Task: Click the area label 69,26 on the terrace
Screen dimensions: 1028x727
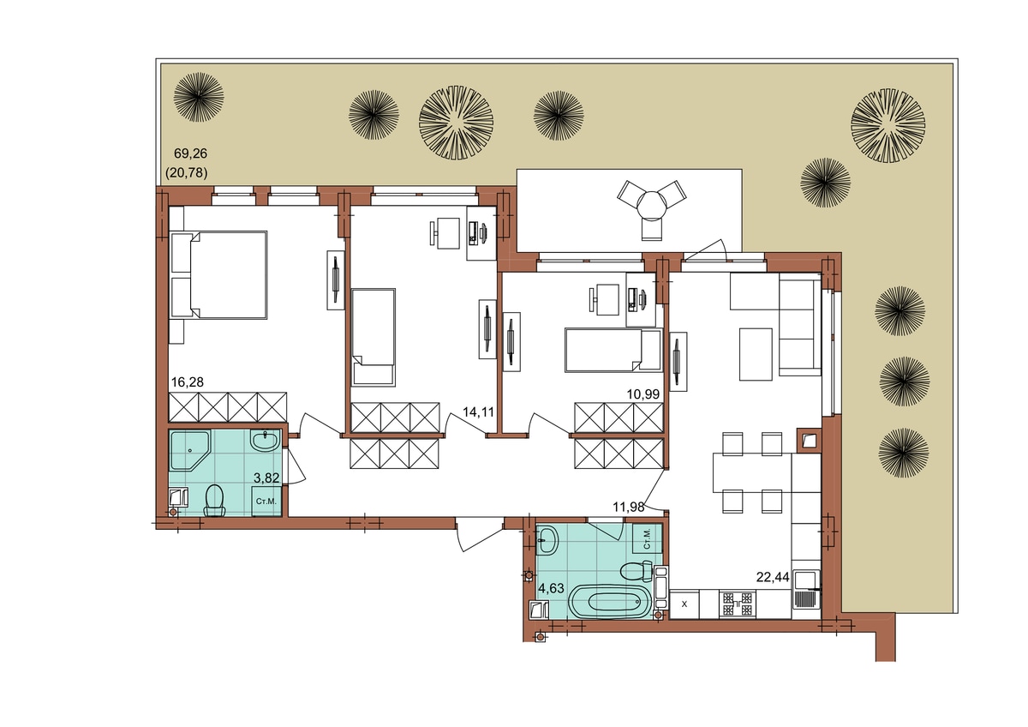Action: [x=190, y=153]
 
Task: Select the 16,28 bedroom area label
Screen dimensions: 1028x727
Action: [x=188, y=382]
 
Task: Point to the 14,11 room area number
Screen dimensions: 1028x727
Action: [x=478, y=412]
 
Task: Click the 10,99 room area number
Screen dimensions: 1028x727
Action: [x=643, y=394]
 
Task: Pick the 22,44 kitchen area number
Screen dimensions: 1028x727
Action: [x=773, y=577]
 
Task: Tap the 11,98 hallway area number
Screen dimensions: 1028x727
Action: [x=629, y=507]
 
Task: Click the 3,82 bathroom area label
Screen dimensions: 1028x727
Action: [x=266, y=478]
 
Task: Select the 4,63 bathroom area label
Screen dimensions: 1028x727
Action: [x=551, y=588]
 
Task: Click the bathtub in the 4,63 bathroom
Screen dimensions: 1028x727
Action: [x=610, y=602]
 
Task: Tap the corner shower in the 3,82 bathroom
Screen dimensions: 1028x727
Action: [x=190, y=451]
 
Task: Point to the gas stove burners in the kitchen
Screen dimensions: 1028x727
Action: [x=738, y=604]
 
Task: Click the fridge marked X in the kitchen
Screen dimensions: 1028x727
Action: [x=684, y=604]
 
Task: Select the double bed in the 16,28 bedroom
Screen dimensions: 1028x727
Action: [x=218, y=274]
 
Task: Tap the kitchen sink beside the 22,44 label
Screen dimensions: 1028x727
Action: [x=806, y=589]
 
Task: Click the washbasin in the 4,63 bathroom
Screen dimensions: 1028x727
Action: [x=547, y=539]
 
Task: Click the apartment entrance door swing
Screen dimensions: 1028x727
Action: [x=477, y=534]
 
